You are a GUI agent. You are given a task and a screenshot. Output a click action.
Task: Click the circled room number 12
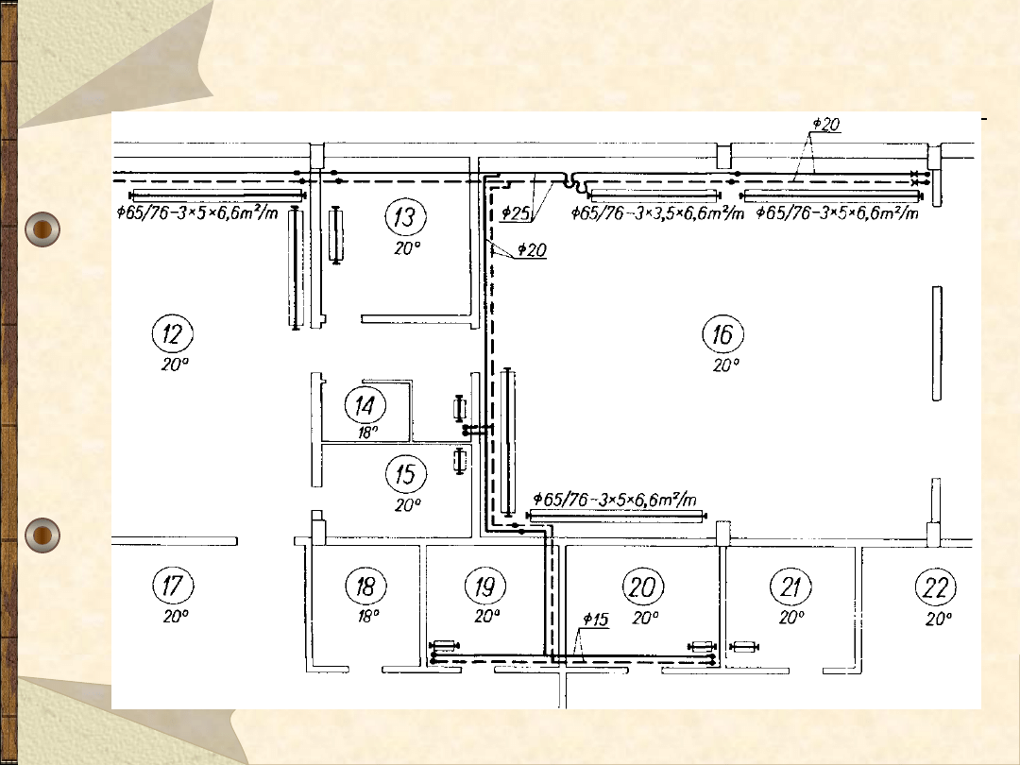173,333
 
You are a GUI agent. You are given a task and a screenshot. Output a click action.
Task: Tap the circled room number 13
406,216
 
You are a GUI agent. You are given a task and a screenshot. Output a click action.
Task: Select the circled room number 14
365,406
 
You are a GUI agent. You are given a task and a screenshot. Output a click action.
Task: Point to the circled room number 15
406,474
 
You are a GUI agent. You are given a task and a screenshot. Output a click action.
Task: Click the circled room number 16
722,334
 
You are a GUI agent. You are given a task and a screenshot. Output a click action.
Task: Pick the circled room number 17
173,585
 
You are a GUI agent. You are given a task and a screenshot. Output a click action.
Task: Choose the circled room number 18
365,586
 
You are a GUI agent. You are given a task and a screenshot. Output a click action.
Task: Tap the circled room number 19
485,586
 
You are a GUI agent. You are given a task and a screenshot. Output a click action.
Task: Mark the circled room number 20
643,586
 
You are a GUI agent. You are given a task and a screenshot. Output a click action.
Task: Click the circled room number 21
790,586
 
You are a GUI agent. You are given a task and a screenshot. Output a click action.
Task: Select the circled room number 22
935,587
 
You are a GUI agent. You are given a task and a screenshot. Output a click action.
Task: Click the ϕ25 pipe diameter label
516,212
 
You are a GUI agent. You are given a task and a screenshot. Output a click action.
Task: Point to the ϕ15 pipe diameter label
595,620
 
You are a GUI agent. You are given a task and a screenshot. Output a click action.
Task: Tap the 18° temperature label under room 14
367,433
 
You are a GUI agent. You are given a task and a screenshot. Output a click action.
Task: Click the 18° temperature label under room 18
368,616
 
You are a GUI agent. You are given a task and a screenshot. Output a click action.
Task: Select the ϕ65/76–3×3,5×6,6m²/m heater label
657,212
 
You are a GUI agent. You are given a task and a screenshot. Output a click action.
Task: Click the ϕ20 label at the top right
826,124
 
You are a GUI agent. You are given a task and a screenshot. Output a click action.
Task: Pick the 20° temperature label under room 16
726,365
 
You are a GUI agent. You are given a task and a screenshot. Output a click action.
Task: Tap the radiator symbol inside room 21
744,647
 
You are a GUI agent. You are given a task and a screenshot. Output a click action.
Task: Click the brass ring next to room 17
42,535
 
